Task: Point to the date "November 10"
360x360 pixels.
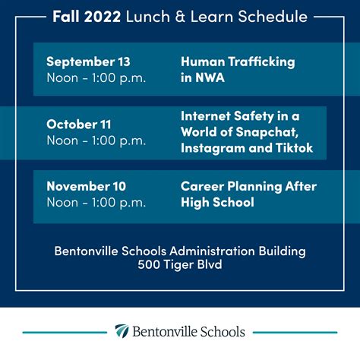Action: coord(87,186)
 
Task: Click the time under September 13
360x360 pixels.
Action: coord(96,77)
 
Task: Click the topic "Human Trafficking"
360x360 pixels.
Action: coord(238,62)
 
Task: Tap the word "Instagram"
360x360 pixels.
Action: coord(210,147)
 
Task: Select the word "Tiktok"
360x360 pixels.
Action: coord(293,147)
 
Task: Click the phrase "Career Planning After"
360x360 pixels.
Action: coord(248,186)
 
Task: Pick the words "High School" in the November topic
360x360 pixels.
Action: coord(217,202)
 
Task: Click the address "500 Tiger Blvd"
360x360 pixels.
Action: coord(180,265)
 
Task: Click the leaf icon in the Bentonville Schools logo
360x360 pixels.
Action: coord(122,332)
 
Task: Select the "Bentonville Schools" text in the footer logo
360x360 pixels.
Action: coord(189,332)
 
